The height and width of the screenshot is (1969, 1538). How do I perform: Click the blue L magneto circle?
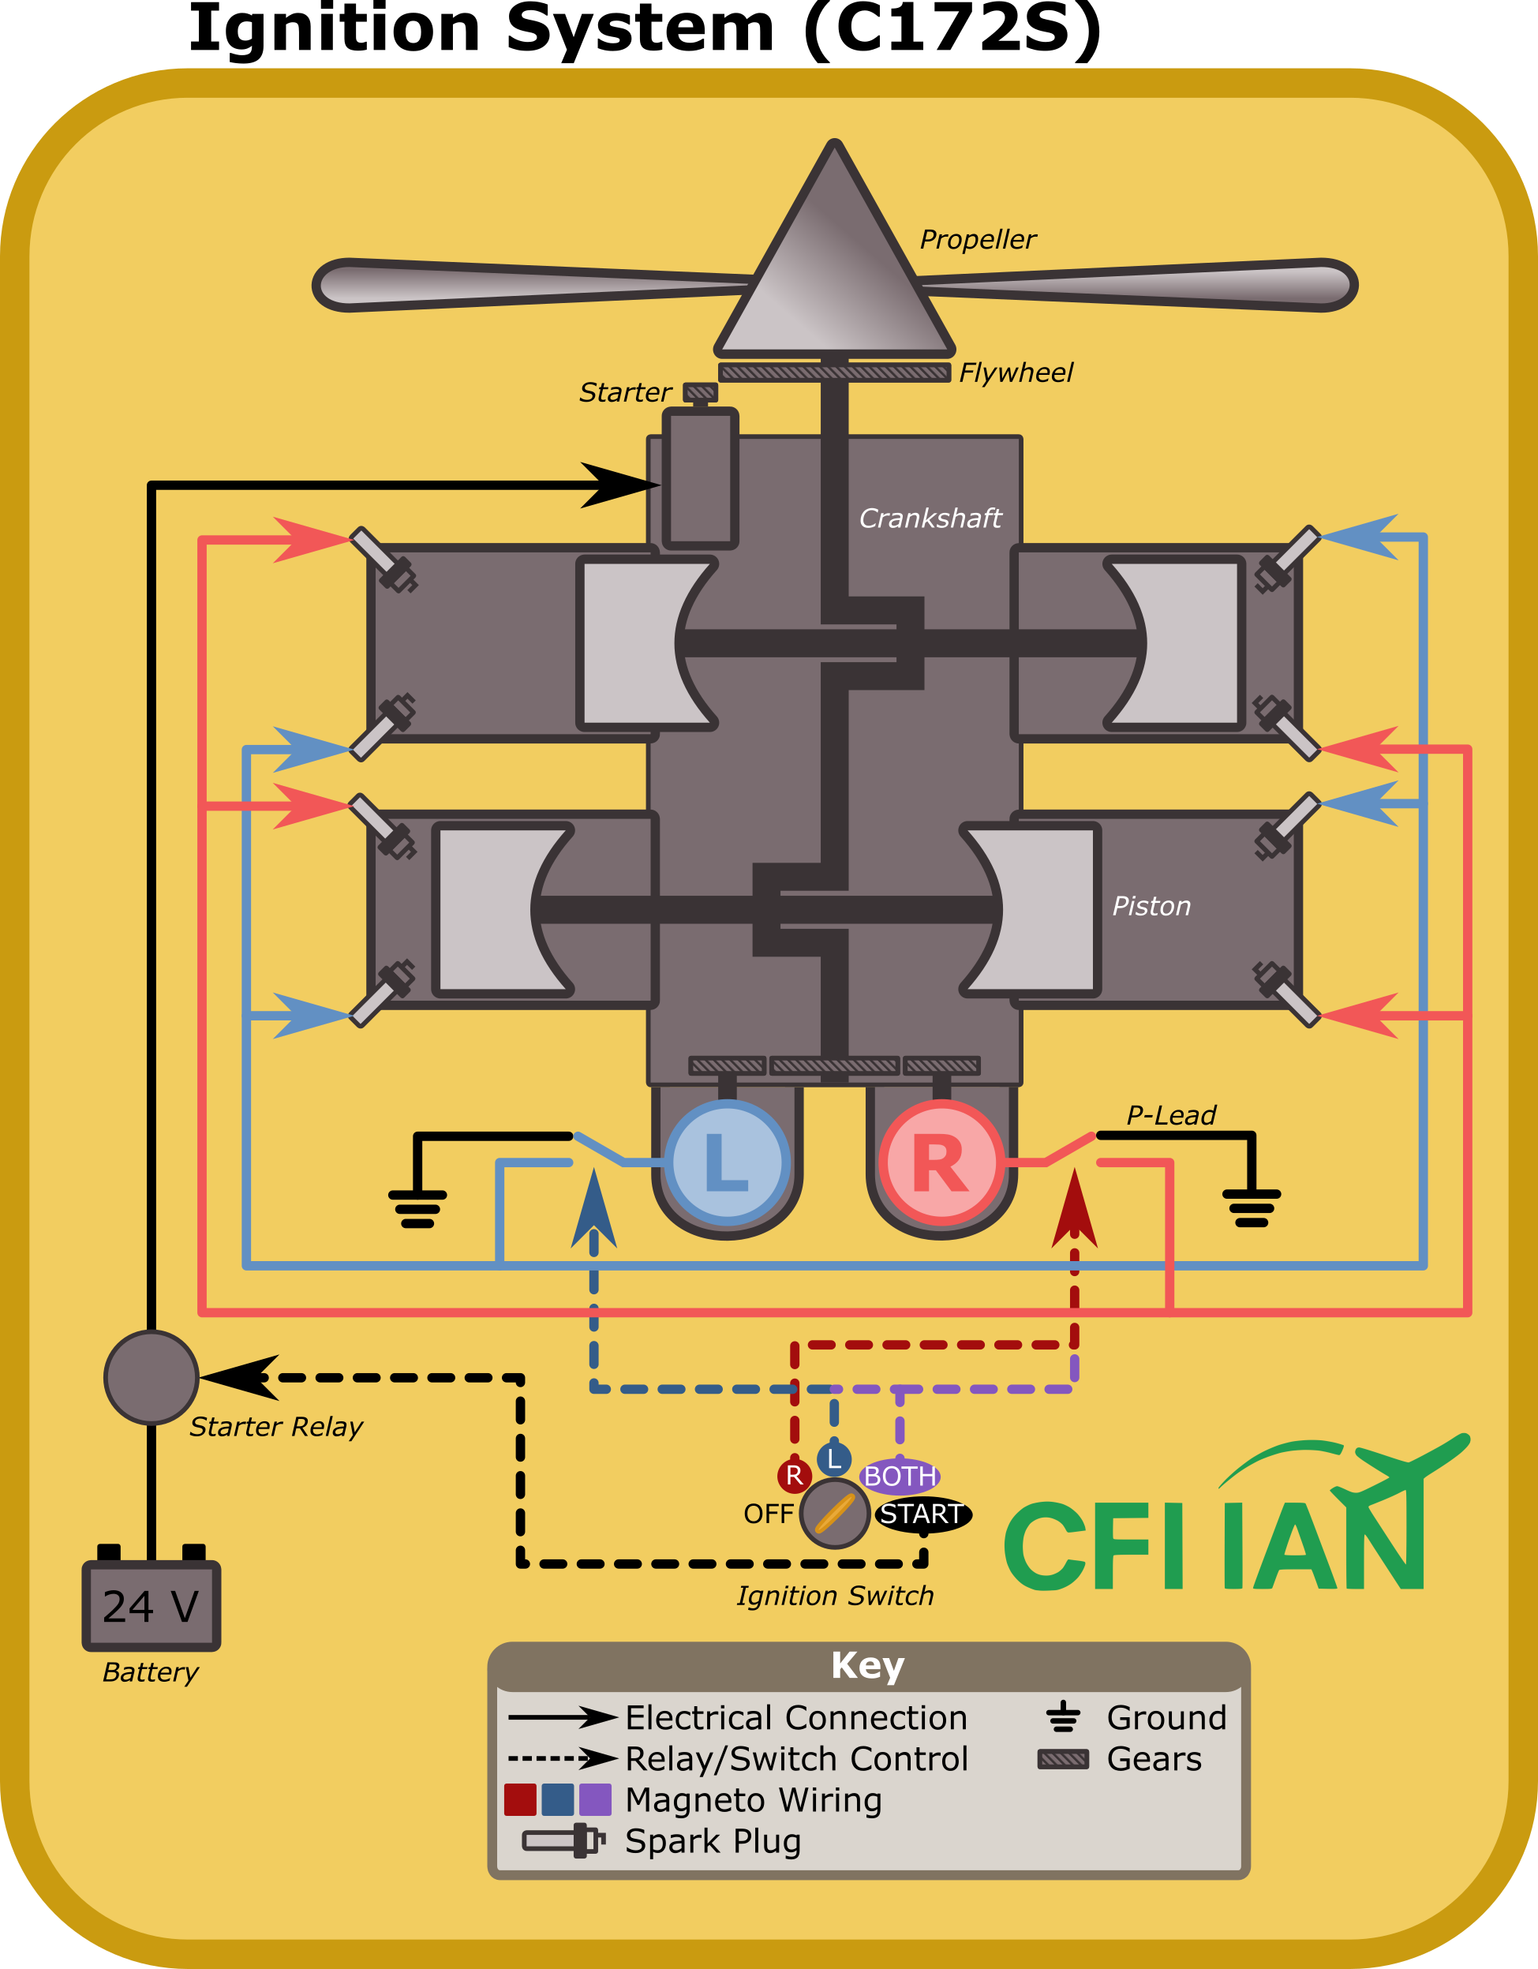click(727, 1163)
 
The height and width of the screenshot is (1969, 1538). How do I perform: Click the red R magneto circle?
click(941, 1163)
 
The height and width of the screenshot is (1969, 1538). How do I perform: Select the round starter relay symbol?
click(152, 1378)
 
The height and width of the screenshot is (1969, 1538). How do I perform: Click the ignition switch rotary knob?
click(835, 1514)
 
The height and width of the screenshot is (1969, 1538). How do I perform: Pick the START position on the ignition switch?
click(922, 1514)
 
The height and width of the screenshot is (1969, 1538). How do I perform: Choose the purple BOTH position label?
click(900, 1476)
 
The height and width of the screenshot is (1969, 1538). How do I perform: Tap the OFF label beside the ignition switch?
click(768, 1514)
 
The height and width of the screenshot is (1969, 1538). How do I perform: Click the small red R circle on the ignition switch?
click(794, 1476)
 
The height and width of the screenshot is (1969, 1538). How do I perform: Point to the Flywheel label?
click(1015, 372)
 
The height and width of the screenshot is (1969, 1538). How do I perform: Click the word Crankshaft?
click(930, 518)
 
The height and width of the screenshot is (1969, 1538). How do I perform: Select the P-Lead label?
click(1170, 1116)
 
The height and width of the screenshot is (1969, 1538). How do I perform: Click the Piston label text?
click(1151, 906)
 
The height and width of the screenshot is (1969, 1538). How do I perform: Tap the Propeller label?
click(977, 240)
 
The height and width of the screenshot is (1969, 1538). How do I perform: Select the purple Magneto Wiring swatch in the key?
click(595, 1799)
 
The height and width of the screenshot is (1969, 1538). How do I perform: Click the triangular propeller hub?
click(835, 271)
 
